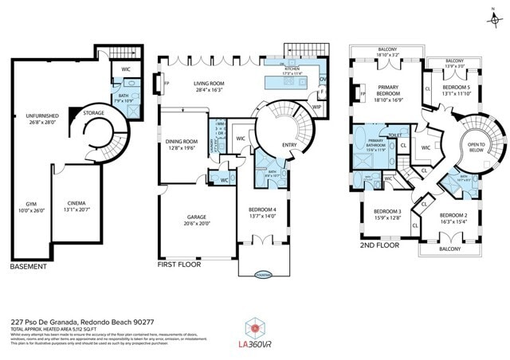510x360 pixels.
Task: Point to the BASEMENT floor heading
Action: (x=30, y=266)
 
